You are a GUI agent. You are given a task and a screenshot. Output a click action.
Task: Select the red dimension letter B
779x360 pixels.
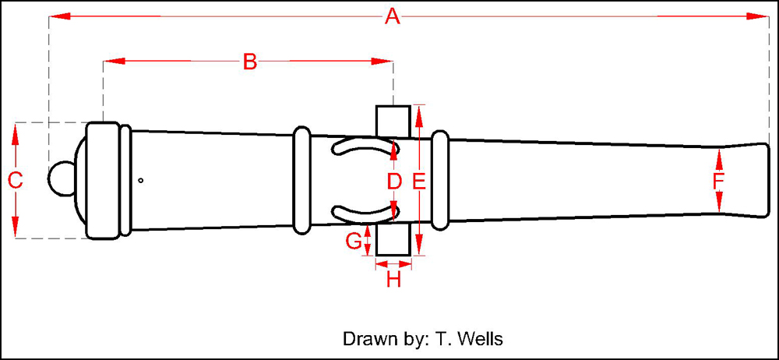(249, 62)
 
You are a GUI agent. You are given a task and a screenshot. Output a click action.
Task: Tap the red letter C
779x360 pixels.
(15, 181)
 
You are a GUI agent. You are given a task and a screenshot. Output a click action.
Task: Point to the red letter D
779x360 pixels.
(394, 182)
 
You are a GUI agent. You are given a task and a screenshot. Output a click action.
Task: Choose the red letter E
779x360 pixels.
(418, 182)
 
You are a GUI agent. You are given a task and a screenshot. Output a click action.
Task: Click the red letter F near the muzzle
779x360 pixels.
(718, 182)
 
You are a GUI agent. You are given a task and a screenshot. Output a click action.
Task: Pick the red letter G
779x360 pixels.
(353, 241)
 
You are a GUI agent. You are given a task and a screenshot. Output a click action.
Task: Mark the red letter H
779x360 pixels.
(393, 279)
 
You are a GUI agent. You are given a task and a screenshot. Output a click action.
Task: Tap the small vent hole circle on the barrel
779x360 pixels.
(140, 181)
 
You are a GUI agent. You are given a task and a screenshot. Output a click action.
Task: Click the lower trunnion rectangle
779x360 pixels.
(393, 239)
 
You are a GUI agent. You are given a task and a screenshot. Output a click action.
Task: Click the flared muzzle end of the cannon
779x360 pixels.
(748, 180)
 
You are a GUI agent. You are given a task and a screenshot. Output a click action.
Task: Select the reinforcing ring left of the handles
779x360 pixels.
(301, 180)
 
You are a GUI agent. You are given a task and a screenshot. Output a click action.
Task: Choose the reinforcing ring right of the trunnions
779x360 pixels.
(440, 180)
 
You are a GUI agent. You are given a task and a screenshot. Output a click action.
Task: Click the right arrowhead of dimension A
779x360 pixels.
(763, 16)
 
